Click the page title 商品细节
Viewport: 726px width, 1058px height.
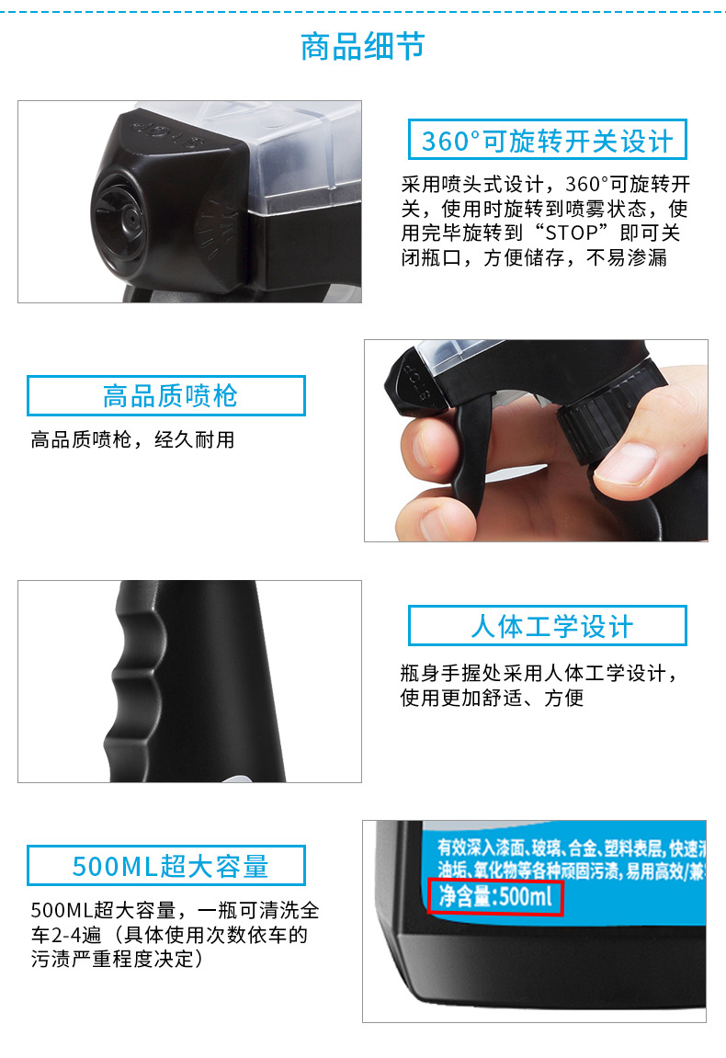tap(363, 47)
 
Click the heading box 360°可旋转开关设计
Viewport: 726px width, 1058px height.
tap(548, 141)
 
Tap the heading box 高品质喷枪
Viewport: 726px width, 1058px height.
tap(166, 396)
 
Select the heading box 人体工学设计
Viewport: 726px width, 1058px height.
tap(548, 626)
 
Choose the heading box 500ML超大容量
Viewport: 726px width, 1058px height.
tap(166, 865)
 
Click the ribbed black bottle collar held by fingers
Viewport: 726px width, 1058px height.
tap(589, 431)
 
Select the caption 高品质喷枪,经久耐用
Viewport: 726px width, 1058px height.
tap(132, 439)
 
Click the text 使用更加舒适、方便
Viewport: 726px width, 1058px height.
tap(492, 698)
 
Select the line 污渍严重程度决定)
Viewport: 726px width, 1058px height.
tap(116, 960)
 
